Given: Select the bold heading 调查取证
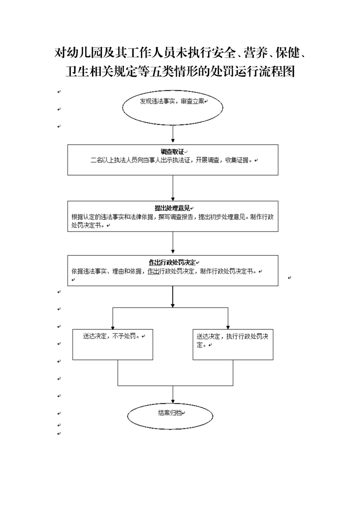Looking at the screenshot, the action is tap(172, 152).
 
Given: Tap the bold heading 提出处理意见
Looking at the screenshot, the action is tap(172, 208).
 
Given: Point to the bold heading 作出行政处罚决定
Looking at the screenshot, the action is tap(172, 262).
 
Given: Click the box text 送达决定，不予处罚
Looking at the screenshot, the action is tap(111, 336).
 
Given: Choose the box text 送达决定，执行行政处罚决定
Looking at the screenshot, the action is tap(232, 341).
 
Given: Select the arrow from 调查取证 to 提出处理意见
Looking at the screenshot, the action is tap(173, 188).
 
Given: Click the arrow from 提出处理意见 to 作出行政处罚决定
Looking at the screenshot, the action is tap(173, 243).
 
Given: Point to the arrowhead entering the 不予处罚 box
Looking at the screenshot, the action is tap(113, 327).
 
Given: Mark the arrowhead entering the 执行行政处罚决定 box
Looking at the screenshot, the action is tap(228, 327).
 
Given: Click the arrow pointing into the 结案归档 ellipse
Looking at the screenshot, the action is tap(173, 395).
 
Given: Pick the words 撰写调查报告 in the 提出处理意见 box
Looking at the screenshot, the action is tap(176, 217).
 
